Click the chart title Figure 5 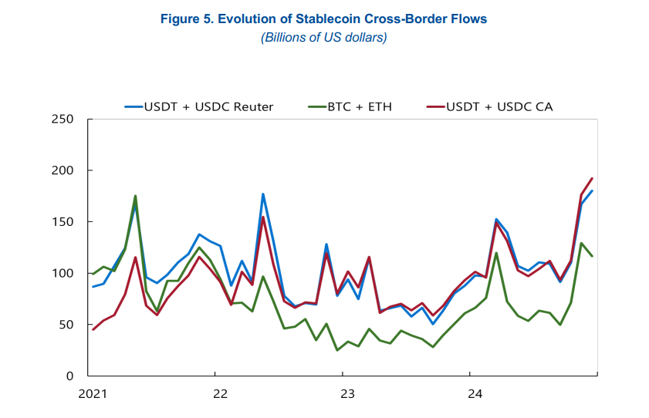pyautogui.click(x=323, y=19)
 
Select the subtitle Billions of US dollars pyautogui.click(x=323, y=37)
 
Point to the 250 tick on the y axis pyautogui.click(x=63, y=120)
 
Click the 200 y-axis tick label pyautogui.click(x=63, y=170)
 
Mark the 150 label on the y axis pyautogui.click(x=63, y=222)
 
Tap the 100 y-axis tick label pyautogui.click(x=63, y=273)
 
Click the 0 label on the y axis pyautogui.click(x=69, y=376)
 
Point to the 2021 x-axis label pyautogui.click(x=93, y=394)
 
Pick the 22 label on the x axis pyautogui.click(x=220, y=394)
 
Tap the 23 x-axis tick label pyautogui.click(x=347, y=394)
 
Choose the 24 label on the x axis pyautogui.click(x=475, y=394)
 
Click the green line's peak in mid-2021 pyautogui.click(x=135, y=196)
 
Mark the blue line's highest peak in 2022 pyautogui.click(x=263, y=194)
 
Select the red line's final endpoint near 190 pyautogui.click(x=592, y=178)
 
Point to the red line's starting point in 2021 pyautogui.click(x=93, y=329)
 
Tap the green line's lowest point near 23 pyautogui.click(x=337, y=350)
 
